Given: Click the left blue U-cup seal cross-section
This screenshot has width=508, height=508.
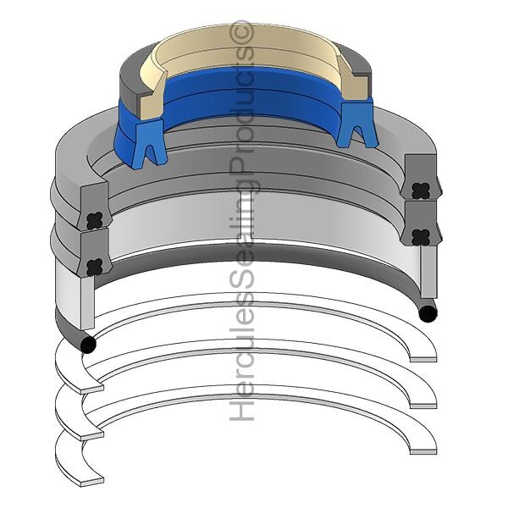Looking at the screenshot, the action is click(149, 142).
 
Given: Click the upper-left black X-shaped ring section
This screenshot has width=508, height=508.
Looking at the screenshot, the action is click(95, 221).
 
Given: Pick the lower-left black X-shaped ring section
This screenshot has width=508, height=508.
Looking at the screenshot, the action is click(95, 267).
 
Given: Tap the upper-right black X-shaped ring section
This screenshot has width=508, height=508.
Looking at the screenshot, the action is click(421, 191).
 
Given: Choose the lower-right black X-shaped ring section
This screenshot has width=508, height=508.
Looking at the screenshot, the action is click(421, 237).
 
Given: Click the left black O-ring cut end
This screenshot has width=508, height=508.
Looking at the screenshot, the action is click(88, 345).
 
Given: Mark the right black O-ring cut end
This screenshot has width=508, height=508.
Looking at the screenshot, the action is click(428, 313).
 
